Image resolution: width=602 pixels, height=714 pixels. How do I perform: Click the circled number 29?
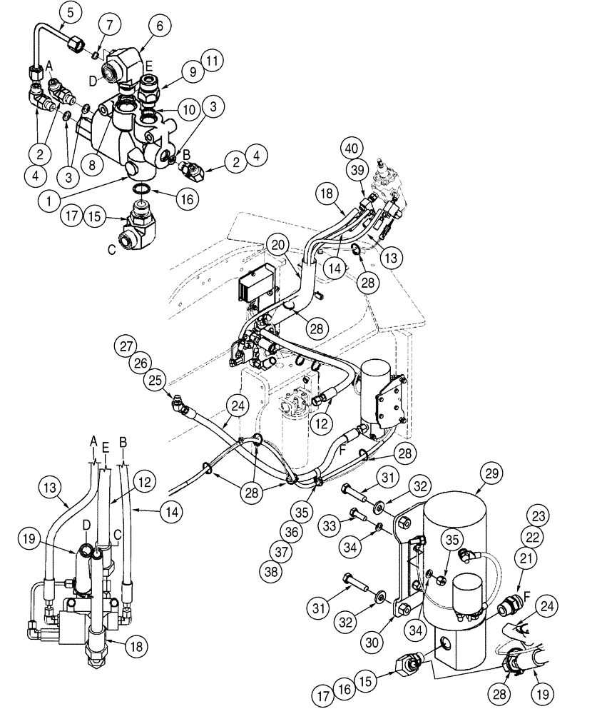point(494,472)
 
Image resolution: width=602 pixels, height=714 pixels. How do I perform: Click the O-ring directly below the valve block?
point(142,188)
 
